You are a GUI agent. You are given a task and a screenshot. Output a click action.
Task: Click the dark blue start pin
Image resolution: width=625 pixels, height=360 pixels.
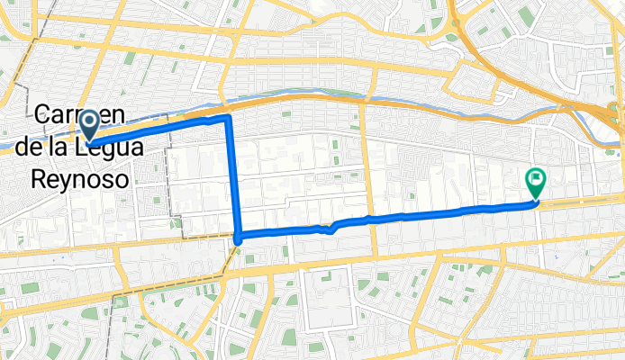tap(89, 126)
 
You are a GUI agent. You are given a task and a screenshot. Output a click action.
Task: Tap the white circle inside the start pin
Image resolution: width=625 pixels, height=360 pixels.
tap(89, 121)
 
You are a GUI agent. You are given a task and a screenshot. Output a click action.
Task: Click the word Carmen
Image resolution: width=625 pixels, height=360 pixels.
tap(80, 114)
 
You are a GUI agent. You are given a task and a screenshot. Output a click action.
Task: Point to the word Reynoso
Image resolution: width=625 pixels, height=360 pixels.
tap(79, 178)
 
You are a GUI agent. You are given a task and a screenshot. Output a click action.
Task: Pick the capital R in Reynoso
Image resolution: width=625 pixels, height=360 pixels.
tap(40, 178)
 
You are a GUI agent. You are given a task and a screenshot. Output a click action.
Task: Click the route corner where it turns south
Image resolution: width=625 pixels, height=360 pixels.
tap(228, 118)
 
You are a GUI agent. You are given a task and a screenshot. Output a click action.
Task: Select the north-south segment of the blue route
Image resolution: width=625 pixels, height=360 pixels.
tap(233, 180)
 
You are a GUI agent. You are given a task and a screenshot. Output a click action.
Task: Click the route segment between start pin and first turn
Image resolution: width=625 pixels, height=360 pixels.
tap(162, 127)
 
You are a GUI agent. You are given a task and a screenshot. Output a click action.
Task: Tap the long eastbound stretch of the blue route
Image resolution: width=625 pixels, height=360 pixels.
tap(423, 215)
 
